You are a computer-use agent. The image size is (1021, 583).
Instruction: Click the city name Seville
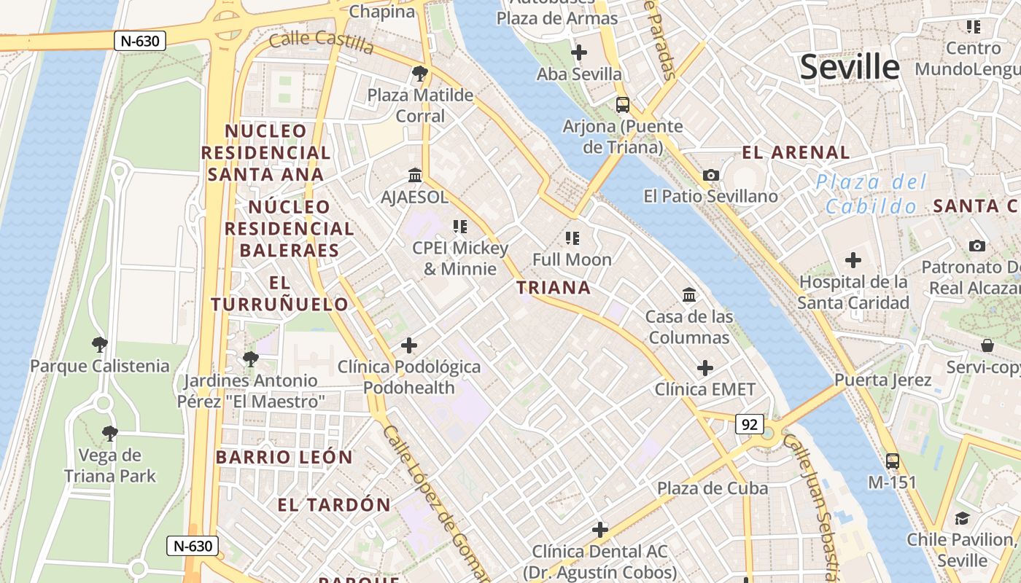click(x=850, y=67)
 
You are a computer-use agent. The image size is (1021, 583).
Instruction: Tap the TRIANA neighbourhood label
click(x=554, y=288)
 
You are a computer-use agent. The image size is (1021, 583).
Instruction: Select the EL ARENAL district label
click(x=796, y=152)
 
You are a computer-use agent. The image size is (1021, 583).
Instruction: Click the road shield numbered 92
click(x=749, y=424)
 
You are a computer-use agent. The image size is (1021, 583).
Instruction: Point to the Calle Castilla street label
click(x=321, y=42)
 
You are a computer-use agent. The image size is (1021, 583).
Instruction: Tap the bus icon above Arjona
click(x=622, y=105)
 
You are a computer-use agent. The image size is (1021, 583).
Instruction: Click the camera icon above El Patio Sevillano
click(x=710, y=175)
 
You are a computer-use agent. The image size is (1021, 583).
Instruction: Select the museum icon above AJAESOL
click(x=415, y=176)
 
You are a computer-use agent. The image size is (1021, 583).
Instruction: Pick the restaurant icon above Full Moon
click(x=572, y=238)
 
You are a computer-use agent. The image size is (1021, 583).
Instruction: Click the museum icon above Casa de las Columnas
click(x=688, y=295)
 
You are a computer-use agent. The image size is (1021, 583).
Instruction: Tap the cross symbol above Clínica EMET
click(x=704, y=368)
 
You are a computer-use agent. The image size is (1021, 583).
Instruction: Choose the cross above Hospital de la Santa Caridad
click(x=853, y=260)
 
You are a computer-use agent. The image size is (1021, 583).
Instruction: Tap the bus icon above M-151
click(x=892, y=461)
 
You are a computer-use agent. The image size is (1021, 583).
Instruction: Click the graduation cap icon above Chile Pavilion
click(x=961, y=519)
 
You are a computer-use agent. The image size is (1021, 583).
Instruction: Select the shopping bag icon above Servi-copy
click(x=987, y=345)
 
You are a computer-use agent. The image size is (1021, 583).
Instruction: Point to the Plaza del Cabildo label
click(x=871, y=194)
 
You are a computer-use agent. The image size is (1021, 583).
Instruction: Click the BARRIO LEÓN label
click(x=284, y=458)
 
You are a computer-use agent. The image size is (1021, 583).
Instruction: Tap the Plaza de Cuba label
click(x=713, y=488)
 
